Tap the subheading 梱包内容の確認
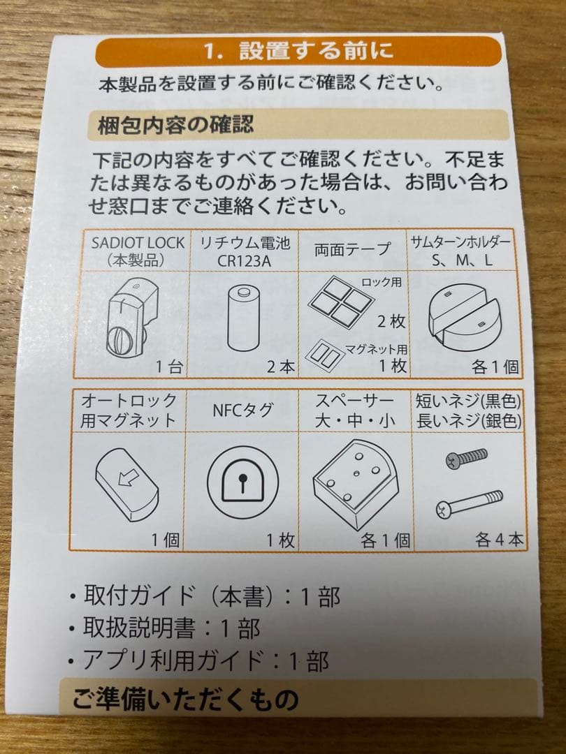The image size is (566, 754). [171, 126]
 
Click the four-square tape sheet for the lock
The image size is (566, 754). [340, 301]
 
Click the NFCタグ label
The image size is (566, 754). [242, 411]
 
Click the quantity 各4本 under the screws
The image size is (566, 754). [499, 539]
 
